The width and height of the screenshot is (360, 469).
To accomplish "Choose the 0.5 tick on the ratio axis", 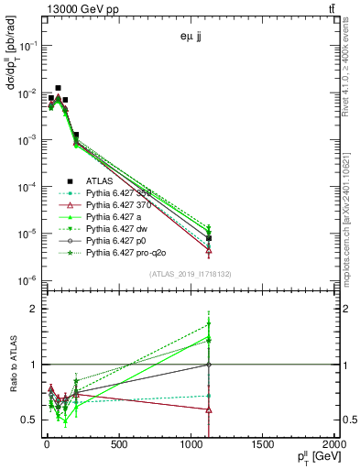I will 30,420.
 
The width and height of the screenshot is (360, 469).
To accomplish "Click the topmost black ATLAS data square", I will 59,88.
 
